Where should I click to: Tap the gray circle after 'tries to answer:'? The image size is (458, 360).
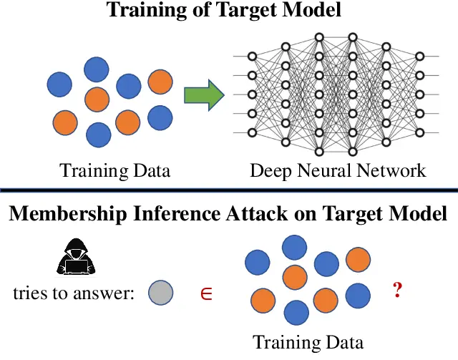tap(160, 292)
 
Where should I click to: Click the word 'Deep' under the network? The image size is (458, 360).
tap(268, 171)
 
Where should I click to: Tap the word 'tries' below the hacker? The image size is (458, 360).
tap(29, 293)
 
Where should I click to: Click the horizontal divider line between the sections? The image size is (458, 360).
tap(229, 190)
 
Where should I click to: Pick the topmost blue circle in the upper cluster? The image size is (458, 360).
tap(97, 69)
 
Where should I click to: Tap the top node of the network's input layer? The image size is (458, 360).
tap(251, 56)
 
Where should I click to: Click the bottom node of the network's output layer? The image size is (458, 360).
tap(420, 132)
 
